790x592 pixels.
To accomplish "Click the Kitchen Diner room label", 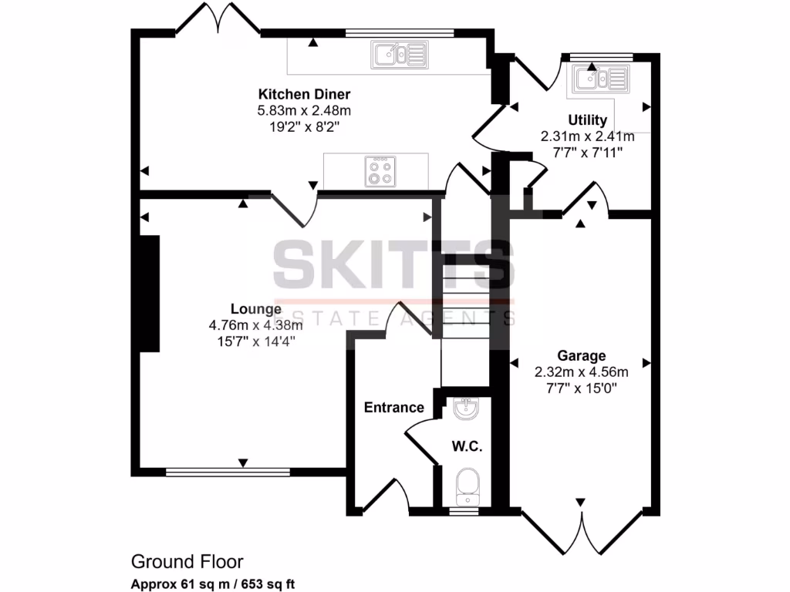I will point(303,94).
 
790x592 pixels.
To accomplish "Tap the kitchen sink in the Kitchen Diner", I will point(399,54).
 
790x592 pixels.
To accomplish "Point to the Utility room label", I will point(587,119).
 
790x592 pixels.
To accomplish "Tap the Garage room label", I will point(581,355).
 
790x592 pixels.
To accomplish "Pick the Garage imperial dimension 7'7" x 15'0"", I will point(581,386).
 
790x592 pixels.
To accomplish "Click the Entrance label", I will point(393,407).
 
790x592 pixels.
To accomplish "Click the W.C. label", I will point(468,446).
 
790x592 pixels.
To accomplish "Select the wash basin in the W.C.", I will point(467,410).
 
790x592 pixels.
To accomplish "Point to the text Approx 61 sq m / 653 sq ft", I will point(212,584).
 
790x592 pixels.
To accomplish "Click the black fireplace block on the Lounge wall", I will point(148,293).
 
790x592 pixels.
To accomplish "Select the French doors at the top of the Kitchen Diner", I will point(208,19).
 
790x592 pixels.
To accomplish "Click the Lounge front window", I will point(228,470).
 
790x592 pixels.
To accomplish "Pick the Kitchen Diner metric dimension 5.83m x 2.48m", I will point(303,110).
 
